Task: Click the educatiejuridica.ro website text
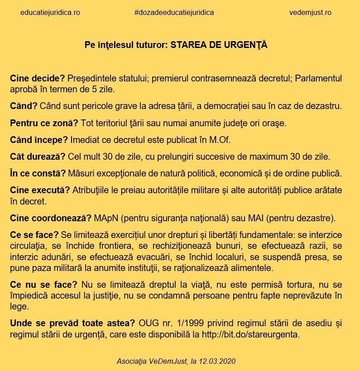(x=50, y=13)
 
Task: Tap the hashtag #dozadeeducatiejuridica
(x=174, y=13)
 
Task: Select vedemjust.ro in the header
(x=310, y=13)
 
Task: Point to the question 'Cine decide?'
(x=38, y=78)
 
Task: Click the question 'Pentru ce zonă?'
(x=44, y=123)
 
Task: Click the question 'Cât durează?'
(x=38, y=157)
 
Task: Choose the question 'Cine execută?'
(x=40, y=190)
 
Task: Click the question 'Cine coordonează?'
(x=51, y=218)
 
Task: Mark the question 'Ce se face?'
(x=34, y=235)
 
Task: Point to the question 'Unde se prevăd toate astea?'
(x=72, y=323)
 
